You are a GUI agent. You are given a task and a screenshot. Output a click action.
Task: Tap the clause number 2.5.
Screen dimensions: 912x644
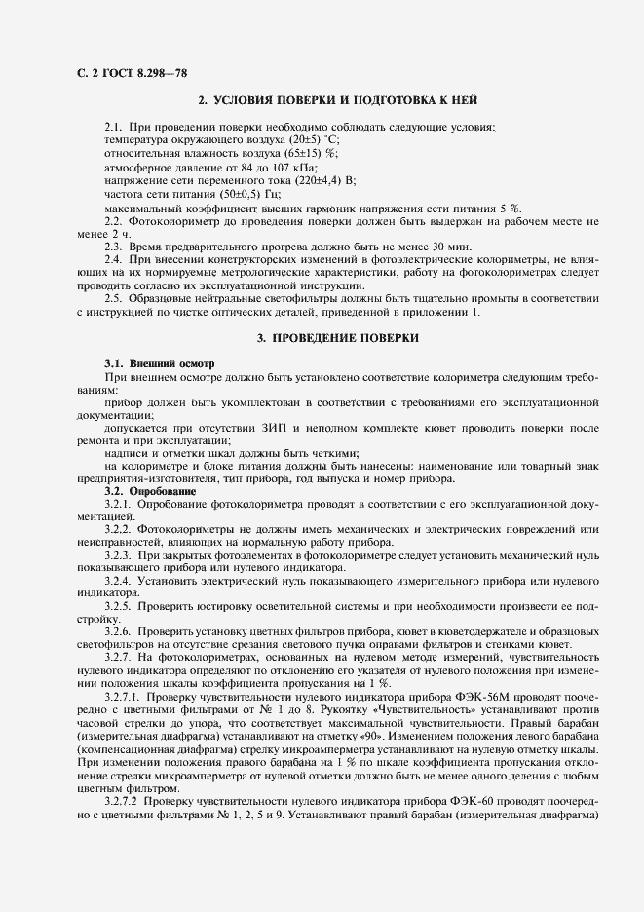(114, 298)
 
